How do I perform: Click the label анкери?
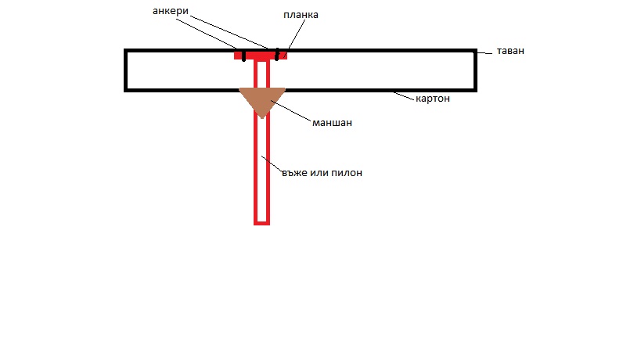tap(171, 11)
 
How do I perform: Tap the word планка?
tap(301, 15)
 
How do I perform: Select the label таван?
tap(510, 51)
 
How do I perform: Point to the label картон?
tap(433, 99)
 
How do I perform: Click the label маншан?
tap(332, 123)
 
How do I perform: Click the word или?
tap(319, 173)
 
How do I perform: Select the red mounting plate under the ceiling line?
tap(261, 55)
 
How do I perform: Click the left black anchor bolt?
tap(243, 56)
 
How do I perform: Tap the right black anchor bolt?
tap(277, 54)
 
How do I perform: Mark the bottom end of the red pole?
tap(261, 224)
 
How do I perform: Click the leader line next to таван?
tap(484, 52)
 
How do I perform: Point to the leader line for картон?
tap(404, 96)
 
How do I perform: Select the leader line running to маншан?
tap(290, 110)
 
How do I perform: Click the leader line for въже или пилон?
tap(272, 164)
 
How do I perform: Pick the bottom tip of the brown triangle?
tap(262, 118)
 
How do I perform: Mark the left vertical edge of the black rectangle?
tap(125, 70)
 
